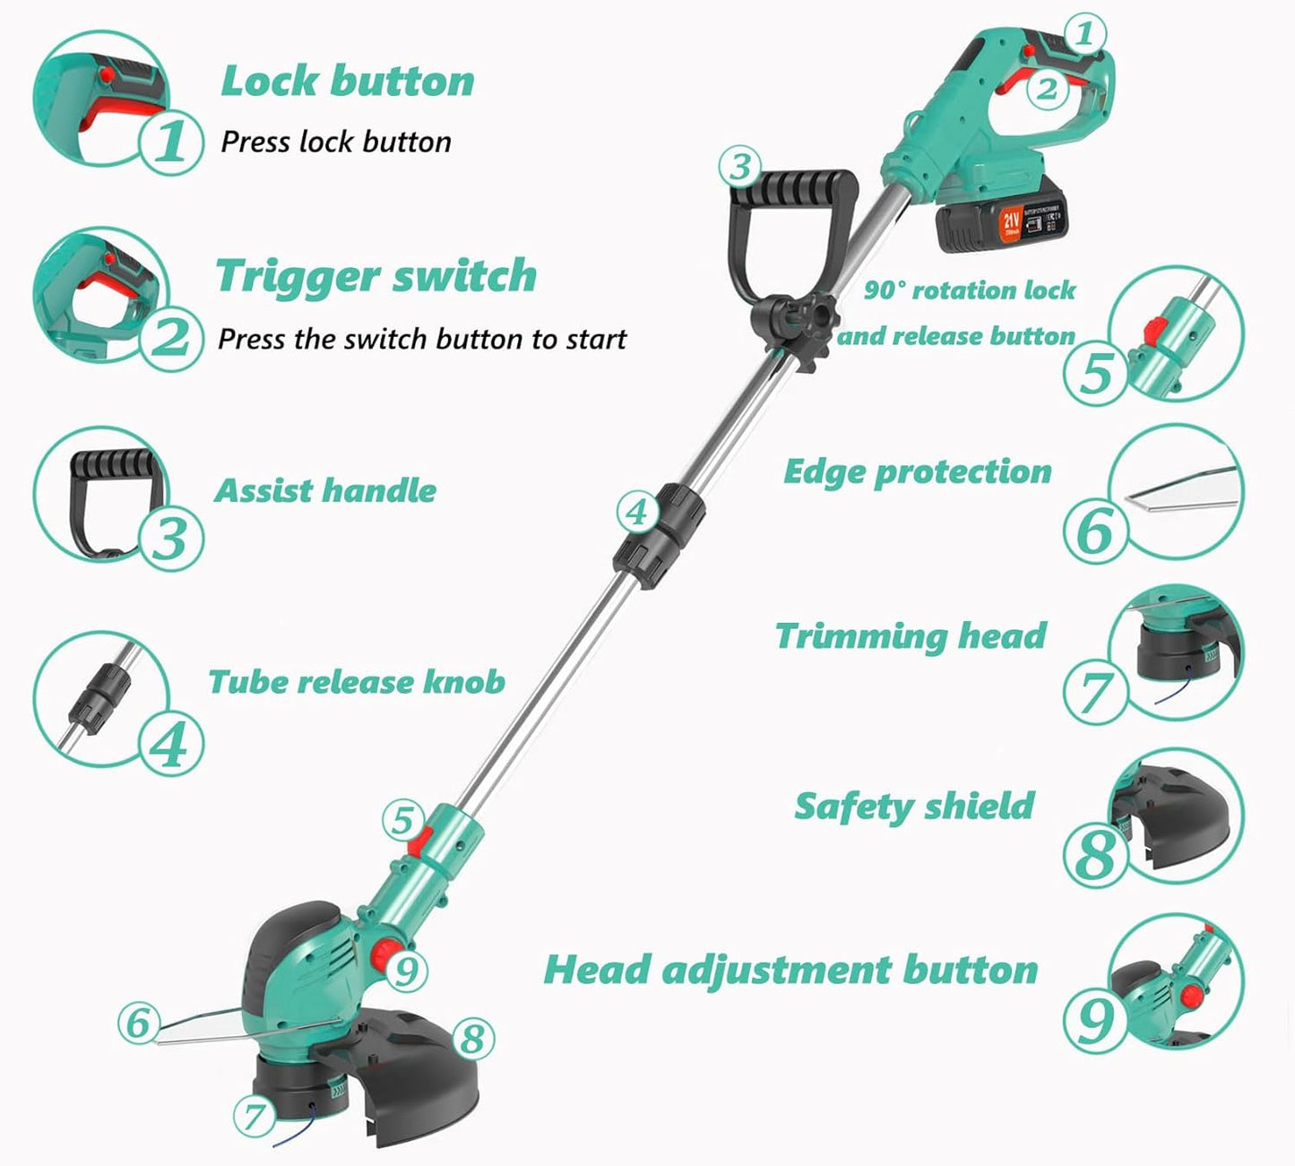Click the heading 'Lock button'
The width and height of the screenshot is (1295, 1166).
point(347,81)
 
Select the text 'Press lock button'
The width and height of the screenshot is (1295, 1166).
point(336,142)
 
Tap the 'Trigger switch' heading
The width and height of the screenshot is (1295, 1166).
point(376,275)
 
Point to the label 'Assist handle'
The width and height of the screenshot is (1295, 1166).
point(325,490)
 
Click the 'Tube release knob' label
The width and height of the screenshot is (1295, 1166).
point(357,681)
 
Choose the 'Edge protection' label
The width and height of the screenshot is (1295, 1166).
point(917,471)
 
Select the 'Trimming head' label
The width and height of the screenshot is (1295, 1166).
point(911,635)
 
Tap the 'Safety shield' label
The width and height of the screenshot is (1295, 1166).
point(914,806)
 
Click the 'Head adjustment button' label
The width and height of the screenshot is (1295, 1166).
point(790,969)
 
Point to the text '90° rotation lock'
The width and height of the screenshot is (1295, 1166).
point(969,290)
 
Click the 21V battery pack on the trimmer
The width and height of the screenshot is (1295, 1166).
point(1001,221)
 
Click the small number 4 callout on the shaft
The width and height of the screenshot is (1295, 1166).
point(636,513)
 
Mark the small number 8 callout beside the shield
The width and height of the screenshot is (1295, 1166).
point(472,1038)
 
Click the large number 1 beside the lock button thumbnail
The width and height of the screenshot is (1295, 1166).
point(170,142)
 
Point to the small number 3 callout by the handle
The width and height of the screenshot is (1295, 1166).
point(740,166)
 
